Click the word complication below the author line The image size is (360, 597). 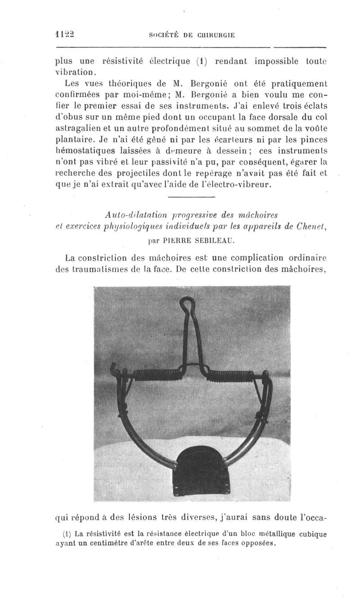248,258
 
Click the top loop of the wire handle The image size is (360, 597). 187,304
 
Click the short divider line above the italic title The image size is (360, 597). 192,197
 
